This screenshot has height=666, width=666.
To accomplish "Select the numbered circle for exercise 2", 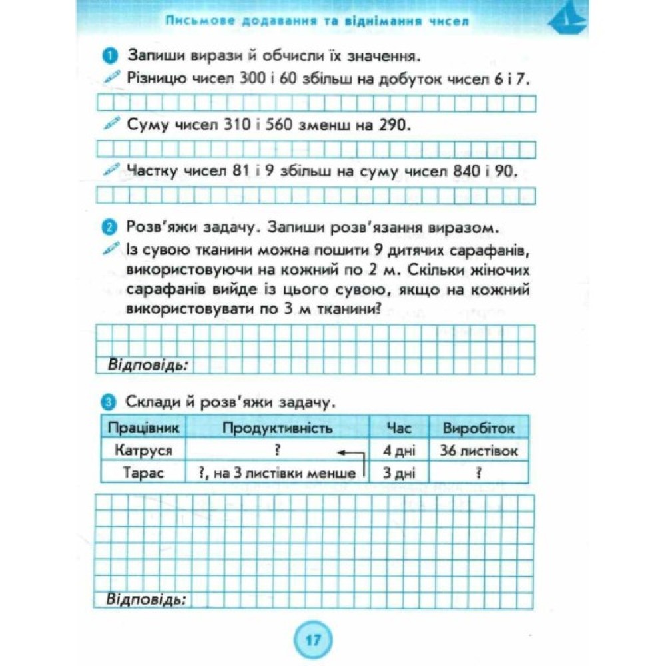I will coord(111,228).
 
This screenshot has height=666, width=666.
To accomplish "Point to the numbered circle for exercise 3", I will coord(111,402).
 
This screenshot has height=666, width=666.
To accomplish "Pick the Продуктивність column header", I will coord(277,428).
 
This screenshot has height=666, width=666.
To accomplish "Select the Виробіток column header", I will coord(479,428).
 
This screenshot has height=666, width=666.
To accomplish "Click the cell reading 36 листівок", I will coord(479,450).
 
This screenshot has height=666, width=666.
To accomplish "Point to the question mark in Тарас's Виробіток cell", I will coord(479,473).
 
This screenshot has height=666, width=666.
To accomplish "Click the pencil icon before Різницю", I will coord(113,78).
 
